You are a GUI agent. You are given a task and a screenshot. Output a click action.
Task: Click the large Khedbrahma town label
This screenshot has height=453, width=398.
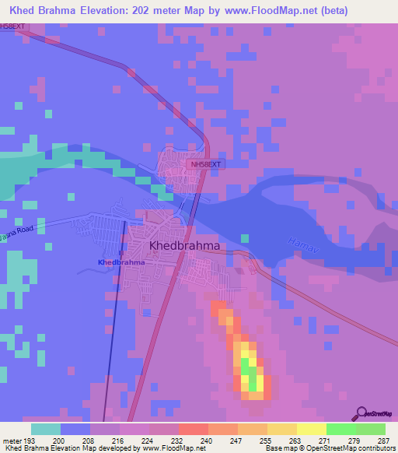coord(184,245)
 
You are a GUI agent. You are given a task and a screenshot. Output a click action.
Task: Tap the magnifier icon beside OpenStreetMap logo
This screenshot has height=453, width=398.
coord(361,413)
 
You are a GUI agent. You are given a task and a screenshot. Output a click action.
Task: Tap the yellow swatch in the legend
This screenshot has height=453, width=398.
coord(312,429)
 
